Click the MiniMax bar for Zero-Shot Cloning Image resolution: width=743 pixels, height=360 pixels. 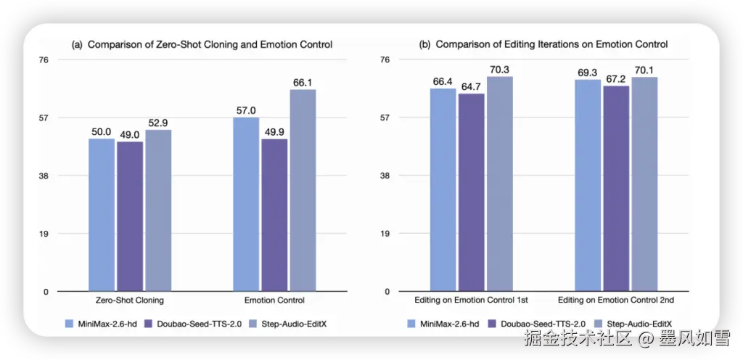[x=102, y=215]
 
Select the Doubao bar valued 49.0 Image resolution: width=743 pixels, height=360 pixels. [x=130, y=216]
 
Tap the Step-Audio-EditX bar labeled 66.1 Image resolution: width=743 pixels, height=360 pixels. [x=303, y=190]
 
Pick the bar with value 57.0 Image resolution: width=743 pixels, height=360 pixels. [x=246, y=204]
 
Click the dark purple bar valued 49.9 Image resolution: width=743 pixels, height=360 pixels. [x=274, y=215]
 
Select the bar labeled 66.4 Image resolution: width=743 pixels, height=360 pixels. [x=443, y=189]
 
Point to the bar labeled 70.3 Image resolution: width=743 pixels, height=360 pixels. [x=500, y=184]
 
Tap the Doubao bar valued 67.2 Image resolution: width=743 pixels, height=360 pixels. [x=616, y=189]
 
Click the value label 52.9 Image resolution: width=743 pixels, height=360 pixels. [x=158, y=123]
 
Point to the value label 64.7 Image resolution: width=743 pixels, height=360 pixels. [x=472, y=86]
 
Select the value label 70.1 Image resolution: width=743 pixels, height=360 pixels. [x=644, y=70]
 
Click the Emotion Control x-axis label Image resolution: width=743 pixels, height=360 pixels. [x=274, y=300]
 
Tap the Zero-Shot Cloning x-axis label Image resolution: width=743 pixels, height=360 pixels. [x=130, y=300]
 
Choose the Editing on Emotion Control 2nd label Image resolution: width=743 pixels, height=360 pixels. [x=616, y=300]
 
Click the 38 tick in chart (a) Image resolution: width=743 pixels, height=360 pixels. [x=43, y=176]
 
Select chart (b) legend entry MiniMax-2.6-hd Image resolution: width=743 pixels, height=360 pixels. [x=451, y=323]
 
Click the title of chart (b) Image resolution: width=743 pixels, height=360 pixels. [x=543, y=44]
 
